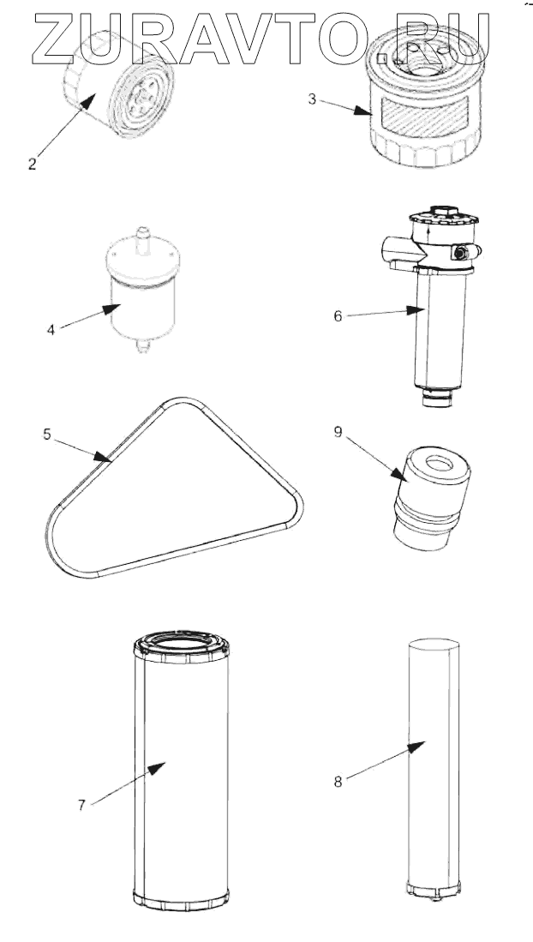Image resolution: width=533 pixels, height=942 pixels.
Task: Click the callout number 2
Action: click(32, 164)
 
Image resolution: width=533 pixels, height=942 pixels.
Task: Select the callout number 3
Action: click(312, 99)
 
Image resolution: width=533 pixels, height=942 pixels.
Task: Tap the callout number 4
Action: click(51, 330)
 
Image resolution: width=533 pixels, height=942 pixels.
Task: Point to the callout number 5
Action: click(47, 435)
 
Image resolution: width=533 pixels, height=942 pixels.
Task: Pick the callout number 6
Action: click(338, 316)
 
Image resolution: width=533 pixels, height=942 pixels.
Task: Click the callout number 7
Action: click(81, 805)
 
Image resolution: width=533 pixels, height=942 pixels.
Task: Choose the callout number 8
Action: click(338, 782)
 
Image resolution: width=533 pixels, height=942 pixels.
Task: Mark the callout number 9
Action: click(338, 432)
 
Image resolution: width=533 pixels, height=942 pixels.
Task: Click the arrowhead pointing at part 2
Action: click(87, 101)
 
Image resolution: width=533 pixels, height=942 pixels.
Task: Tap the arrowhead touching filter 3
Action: click(363, 111)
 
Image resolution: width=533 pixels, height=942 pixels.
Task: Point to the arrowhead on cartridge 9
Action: click(398, 474)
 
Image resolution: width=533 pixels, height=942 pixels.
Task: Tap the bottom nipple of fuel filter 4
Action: click(142, 346)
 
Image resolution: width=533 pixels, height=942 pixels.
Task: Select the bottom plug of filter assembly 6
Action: click(437, 398)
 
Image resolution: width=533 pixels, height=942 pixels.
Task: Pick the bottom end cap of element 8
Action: click(434, 890)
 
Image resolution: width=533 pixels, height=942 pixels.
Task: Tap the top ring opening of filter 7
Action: click(181, 645)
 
